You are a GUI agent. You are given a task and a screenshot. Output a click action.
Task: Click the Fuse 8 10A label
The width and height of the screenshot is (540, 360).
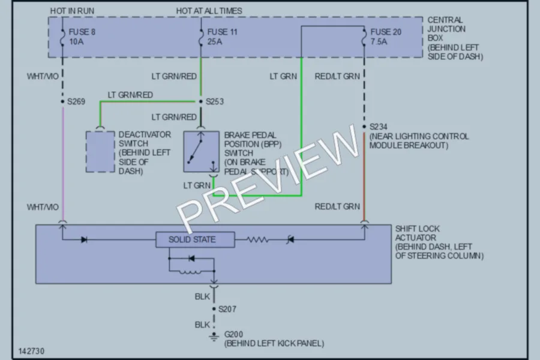pos(82,37)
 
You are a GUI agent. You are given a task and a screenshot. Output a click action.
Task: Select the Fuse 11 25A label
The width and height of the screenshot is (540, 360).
pos(222,37)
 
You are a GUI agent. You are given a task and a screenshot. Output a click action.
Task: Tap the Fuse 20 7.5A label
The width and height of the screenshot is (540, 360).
pos(386,37)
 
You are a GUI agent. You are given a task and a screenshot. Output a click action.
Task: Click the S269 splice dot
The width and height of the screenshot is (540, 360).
pos(62,101)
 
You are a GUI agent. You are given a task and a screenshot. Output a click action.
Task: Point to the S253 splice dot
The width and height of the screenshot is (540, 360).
pos(201,101)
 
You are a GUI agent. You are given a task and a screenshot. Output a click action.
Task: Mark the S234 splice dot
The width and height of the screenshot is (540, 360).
pos(364,127)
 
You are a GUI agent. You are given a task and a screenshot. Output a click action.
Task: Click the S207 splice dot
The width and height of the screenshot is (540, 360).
pos(214,309)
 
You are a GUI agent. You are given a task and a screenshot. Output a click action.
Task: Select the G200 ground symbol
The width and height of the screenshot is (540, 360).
pos(214,336)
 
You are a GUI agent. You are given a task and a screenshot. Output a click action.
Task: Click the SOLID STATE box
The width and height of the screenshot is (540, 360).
pos(195,239)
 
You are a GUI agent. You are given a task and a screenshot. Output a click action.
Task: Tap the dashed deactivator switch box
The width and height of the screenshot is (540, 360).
pos(100,152)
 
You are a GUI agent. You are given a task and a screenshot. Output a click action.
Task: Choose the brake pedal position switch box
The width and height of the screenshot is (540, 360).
pos(201,152)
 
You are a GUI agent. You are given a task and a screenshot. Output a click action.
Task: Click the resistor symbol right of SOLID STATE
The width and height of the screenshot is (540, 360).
pos(257,239)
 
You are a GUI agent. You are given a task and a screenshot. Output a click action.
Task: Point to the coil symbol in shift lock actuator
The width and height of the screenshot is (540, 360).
pos(190,272)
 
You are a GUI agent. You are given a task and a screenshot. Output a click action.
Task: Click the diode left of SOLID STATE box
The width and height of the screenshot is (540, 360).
pos(84,239)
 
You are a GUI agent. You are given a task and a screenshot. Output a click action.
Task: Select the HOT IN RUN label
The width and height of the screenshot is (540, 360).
pos(72,11)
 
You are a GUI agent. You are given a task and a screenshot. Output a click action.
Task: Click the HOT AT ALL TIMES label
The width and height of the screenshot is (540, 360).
pos(209,11)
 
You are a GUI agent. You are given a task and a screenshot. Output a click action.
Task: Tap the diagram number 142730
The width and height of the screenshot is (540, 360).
pos(31,351)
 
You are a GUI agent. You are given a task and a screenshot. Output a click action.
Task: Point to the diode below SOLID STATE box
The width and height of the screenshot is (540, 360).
pos(191,259)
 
